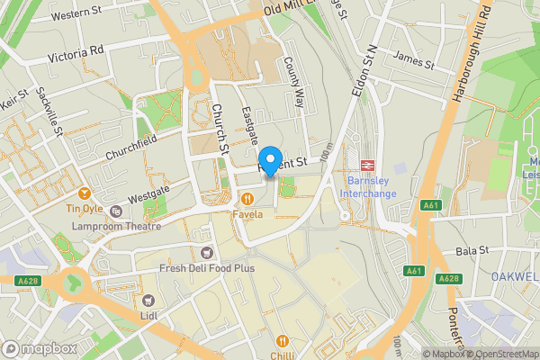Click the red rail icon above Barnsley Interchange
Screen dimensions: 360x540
[x=367, y=165]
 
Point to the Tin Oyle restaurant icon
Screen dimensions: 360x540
[x=85, y=193]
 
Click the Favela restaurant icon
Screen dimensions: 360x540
[x=246, y=198]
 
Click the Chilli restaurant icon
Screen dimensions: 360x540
[x=283, y=341]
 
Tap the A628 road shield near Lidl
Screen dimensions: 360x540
[x=29, y=281]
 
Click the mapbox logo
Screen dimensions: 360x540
[x=39, y=348]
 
